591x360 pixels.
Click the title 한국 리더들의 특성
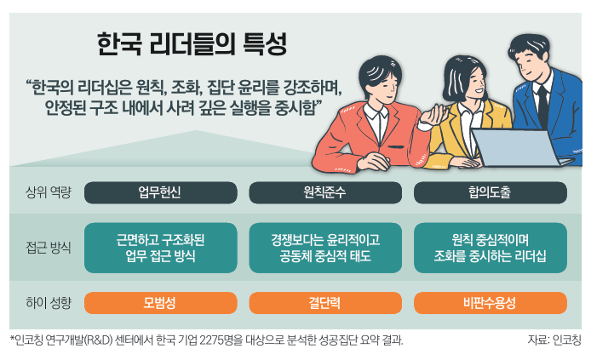pos(192,44)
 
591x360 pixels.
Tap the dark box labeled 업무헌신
pos(161,192)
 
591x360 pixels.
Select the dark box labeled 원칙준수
pos(325,192)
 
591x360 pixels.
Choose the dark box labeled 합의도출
pos(491,192)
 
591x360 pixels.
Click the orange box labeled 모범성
pos(161,303)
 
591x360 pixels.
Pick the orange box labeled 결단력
pos(325,303)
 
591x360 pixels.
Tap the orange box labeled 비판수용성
pos(491,303)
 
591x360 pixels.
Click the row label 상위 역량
pos(49,192)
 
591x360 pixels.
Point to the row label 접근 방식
pos(49,248)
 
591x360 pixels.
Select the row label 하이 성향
pos(49,303)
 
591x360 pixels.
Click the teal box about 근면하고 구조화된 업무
pos(161,248)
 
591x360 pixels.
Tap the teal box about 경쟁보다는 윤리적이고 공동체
pos(325,248)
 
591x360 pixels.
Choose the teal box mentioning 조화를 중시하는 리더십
pos(491,248)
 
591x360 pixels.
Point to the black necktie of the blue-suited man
pos(543,105)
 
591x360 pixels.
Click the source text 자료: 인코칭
pos(554,340)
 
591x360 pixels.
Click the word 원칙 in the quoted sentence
pos(150,88)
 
